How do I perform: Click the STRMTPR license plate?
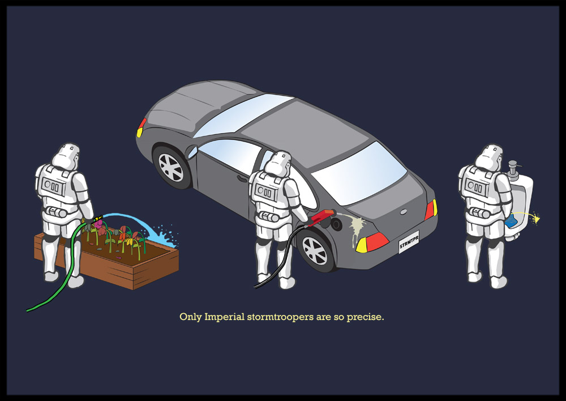(x=409, y=242)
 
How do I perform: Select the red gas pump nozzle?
(x=322, y=217)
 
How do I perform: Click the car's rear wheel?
(x=315, y=250)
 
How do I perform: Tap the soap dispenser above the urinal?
(x=513, y=170)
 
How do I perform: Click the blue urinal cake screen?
(x=511, y=221)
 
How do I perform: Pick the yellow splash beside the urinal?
(x=536, y=219)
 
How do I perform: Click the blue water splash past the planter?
(x=165, y=236)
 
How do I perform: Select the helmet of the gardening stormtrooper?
(x=66, y=156)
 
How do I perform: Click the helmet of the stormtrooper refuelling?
(x=277, y=164)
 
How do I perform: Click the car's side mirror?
(x=192, y=152)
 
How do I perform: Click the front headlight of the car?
(x=141, y=128)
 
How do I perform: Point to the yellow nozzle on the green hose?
(x=98, y=219)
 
